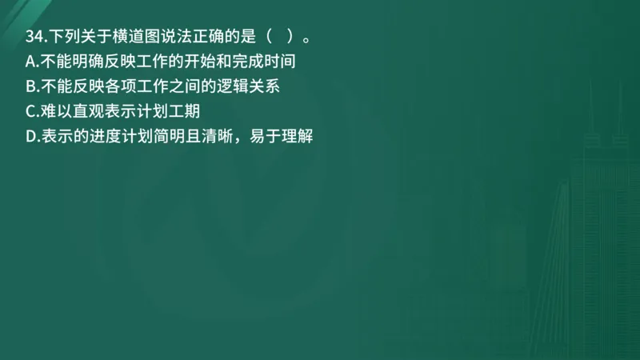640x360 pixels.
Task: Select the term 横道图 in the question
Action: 127,37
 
